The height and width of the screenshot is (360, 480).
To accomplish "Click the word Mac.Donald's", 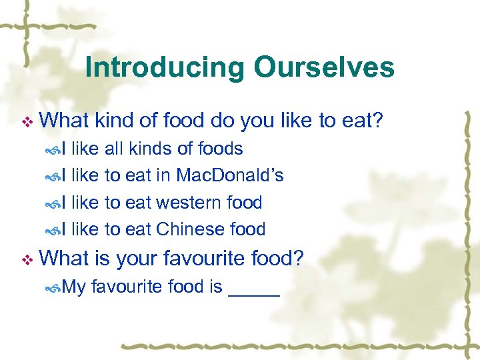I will point(230,175).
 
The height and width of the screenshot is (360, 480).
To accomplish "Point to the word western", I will point(189,202).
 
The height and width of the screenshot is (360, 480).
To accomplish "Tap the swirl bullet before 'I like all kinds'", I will point(54,149).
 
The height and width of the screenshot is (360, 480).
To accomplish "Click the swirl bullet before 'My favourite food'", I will point(54,288).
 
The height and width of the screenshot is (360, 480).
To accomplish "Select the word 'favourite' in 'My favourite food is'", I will point(126,287).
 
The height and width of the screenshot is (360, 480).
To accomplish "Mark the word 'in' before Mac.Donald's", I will point(164,175).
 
